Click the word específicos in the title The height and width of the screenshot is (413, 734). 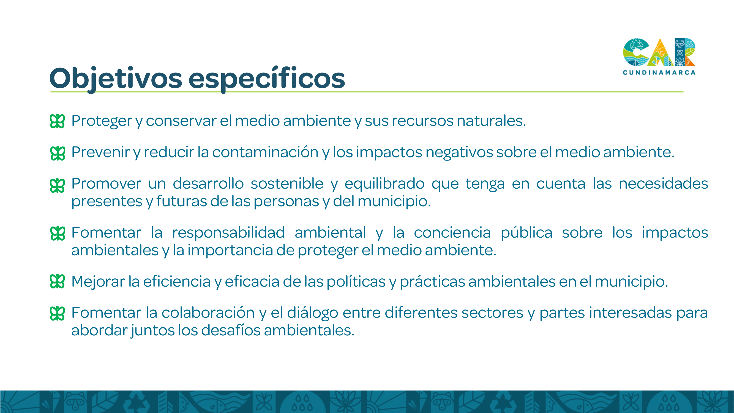click(x=267, y=78)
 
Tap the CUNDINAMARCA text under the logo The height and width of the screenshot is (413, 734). click(x=659, y=73)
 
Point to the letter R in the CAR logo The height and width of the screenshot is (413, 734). click(x=685, y=52)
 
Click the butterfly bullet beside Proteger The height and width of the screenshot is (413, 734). click(x=57, y=121)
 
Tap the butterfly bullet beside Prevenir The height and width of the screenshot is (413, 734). click(x=57, y=153)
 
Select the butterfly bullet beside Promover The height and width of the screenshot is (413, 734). click(x=57, y=186)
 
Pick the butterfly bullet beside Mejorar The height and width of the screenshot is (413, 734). click(x=57, y=281)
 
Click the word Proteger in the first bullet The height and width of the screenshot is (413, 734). click(x=102, y=121)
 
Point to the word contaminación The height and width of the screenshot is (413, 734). click(x=265, y=152)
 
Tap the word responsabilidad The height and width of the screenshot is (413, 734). click(x=228, y=233)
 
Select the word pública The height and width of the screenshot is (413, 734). click(x=526, y=233)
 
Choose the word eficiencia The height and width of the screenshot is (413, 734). click(x=177, y=281)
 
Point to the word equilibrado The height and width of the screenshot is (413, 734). click(x=385, y=184)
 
